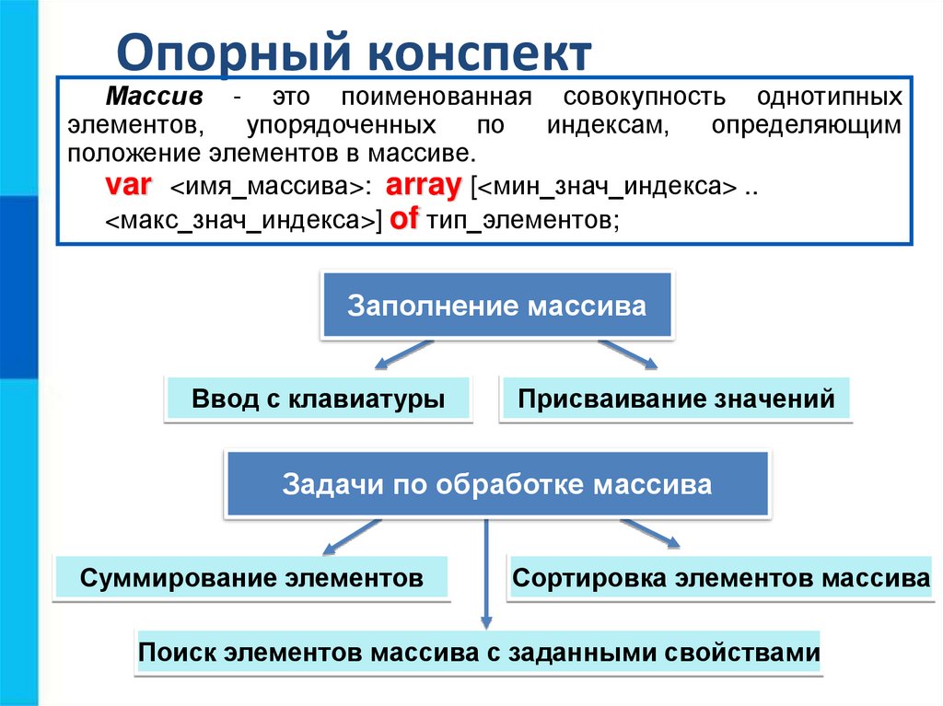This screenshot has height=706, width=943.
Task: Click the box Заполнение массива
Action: [x=496, y=306]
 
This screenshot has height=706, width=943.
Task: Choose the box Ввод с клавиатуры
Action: [x=318, y=399]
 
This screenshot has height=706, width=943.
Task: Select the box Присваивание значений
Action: [x=676, y=399]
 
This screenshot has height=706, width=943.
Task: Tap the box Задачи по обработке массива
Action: [x=497, y=484]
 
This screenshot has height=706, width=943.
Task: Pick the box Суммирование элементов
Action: [x=251, y=578]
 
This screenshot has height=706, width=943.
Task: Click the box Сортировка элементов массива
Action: [x=721, y=578]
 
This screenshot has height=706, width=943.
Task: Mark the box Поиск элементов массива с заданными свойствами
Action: [x=479, y=654]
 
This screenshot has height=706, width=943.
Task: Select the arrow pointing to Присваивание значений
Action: [x=629, y=354]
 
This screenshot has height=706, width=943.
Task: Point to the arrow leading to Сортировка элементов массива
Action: [x=650, y=534]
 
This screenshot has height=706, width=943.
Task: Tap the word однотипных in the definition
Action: [x=829, y=98]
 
